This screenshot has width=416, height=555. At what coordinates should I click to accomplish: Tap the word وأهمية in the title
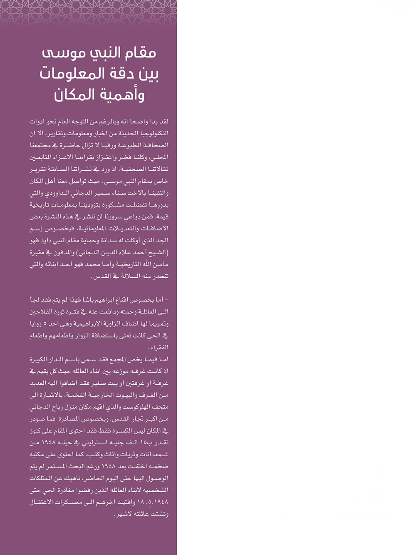[x=125, y=95]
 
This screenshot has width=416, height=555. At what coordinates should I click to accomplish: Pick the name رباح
[x=55, y=407]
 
